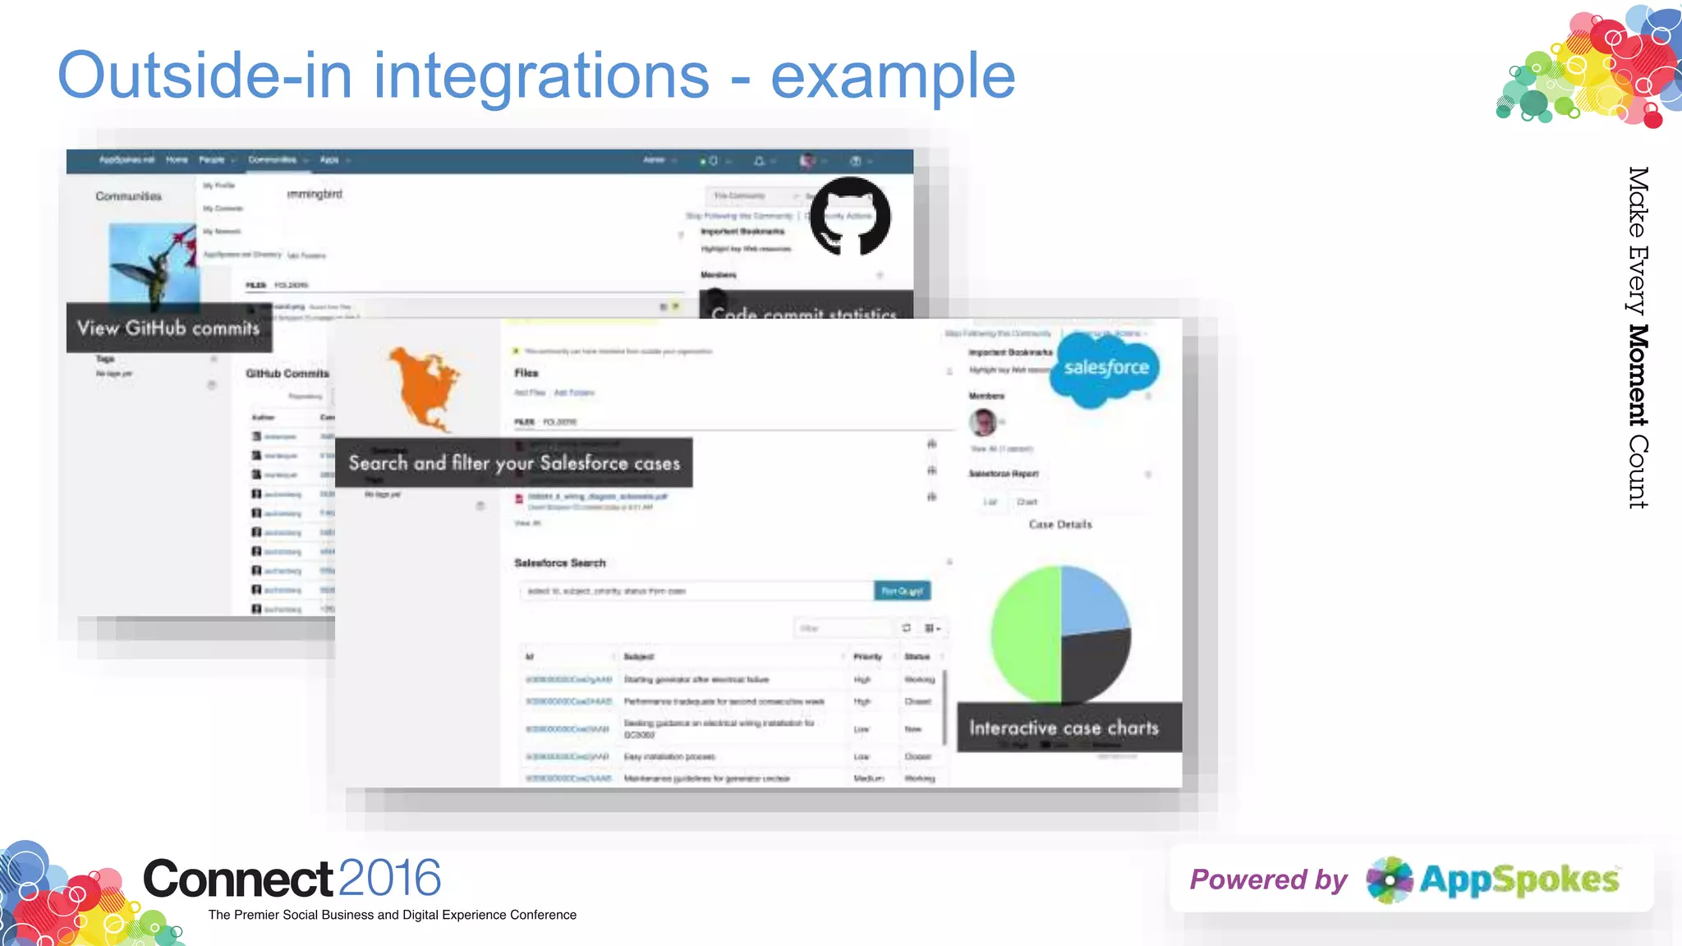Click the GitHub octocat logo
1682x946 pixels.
pyautogui.click(x=850, y=217)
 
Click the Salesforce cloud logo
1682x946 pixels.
pyautogui.click(x=1105, y=370)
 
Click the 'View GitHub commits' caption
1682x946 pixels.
pyautogui.click(x=168, y=328)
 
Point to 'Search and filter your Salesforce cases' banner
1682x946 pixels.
pyautogui.click(x=514, y=463)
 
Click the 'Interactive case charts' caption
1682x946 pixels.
pyautogui.click(x=1064, y=728)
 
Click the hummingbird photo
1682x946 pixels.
pyautogui.click(x=154, y=263)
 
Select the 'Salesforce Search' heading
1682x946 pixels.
pyautogui.click(x=559, y=563)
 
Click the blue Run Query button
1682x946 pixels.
pyautogui.click(x=902, y=591)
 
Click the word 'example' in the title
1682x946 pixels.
pyautogui.click(x=892, y=76)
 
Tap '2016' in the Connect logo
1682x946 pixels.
pyautogui.click(x=389, y=879)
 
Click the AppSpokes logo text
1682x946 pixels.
pyautogui.click(x=1519, y=880)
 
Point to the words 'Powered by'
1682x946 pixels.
pyautogui.click(x=1268, y=880)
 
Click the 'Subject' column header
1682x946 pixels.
pyautogui.click(x=638, y=657)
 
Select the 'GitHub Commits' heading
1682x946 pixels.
pyautogui.click(x=287, y=374)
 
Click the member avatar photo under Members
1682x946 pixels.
pyautogui.click(x=982, y=422)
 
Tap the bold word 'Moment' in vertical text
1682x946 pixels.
pyautogui.click(x=1638, y=375)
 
